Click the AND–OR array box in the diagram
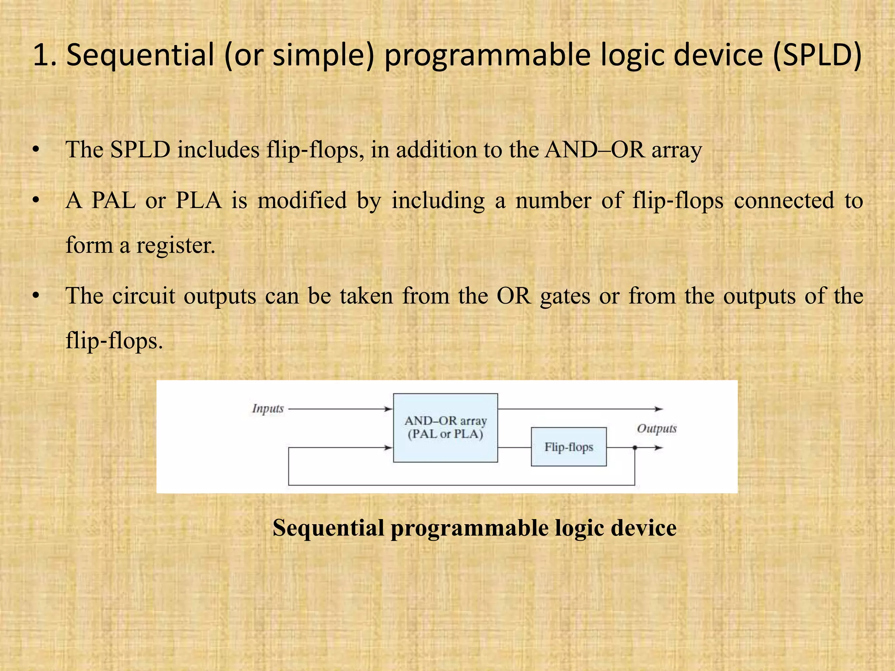coord(445,428)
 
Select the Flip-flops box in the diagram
coord(569,447)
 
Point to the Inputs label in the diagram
coord(268,408)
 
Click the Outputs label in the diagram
coord(656,428)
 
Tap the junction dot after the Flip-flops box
coord(635,448)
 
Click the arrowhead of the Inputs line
coord(388,409)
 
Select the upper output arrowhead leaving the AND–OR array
coord(659,409)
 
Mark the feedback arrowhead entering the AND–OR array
coord(388,448)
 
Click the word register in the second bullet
coord(176,245)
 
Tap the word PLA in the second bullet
coord(198,201)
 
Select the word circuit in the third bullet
coord(143,296)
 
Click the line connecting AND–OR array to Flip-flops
coord(514,448)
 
